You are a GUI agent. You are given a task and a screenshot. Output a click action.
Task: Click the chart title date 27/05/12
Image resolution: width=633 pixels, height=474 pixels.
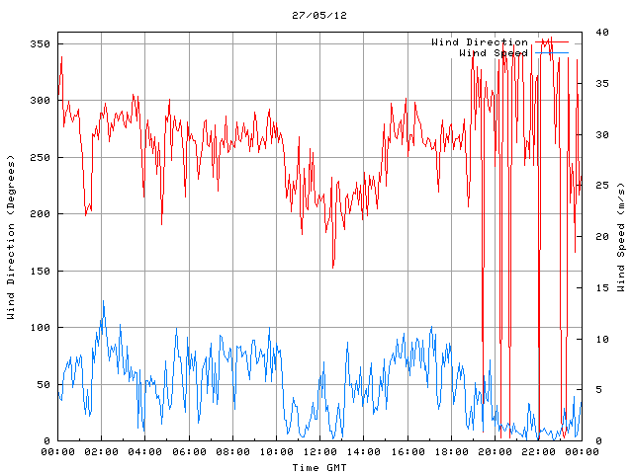click(319, 16)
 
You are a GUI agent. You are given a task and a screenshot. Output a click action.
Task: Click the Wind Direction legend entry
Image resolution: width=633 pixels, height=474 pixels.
click(480, 42)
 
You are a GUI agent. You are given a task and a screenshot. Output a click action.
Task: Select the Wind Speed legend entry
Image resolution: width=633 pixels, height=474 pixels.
click(493, 52)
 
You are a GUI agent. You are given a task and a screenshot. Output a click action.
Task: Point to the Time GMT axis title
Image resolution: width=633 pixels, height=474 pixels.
click(318, 466)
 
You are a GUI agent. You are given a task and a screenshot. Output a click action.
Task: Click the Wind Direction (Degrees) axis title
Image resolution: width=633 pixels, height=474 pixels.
click(11, 237)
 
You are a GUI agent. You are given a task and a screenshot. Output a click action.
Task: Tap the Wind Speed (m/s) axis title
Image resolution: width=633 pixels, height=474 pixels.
click(621, 237)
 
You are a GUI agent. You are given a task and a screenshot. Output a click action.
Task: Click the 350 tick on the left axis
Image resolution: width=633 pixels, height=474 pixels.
click(40, 44)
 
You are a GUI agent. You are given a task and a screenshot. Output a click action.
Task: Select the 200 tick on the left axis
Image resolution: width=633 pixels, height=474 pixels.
click(40, 214)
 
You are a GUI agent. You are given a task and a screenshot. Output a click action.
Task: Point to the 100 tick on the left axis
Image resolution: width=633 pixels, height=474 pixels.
click(40, 328)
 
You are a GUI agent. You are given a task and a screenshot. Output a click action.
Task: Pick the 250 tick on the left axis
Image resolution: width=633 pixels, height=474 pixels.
click(40, 158)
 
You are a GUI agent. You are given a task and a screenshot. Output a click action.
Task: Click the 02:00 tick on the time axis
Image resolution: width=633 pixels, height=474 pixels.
click(102, 451)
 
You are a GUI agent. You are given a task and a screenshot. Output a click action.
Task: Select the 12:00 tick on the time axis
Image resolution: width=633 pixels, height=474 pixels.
click(319, 451)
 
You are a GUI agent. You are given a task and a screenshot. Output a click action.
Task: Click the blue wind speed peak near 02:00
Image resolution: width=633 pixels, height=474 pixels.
click(103, 301)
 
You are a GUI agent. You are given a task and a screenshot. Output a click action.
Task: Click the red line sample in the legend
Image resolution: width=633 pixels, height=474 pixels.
click(551, 42)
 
